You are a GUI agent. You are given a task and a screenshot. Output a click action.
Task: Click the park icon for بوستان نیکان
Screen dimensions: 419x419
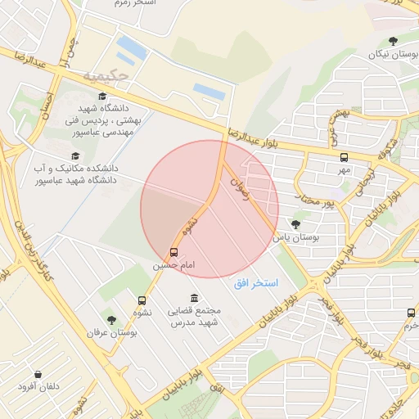[x=394, y=40]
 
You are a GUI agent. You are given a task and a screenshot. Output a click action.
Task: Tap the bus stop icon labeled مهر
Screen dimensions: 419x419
[x=344, y=156]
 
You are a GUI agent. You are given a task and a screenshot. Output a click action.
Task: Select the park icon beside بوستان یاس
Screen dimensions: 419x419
[x=295, y=223]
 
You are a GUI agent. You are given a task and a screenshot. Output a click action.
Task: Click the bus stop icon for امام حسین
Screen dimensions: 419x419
[x=173, y=252]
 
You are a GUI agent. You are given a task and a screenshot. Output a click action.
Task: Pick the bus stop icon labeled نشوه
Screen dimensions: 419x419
[x=142, y=300]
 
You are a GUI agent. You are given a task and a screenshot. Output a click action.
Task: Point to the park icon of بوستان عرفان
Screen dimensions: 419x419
[x=111, y=320]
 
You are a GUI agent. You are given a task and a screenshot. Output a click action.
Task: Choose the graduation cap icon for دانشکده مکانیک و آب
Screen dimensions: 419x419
[x=76, y=155]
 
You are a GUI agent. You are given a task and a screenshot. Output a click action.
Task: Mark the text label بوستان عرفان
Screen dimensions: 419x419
[x=111, y=334]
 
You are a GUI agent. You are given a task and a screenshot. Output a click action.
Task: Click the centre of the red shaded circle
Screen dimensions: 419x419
[x=209, y=209]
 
